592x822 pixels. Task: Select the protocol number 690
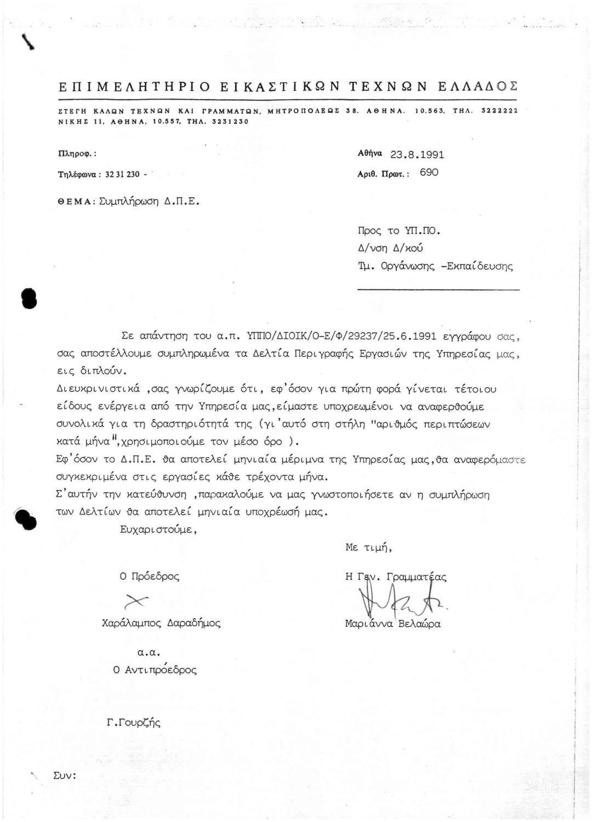click(429, 173)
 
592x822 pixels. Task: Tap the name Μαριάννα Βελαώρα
click(392, 624)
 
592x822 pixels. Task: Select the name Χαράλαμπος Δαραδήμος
click(161, 623)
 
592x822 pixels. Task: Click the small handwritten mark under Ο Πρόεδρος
click(136, 601)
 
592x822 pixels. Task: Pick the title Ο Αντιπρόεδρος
click(154, 670)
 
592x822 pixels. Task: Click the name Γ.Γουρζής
click(134, 723)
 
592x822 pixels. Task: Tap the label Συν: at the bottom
click(64, 775)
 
